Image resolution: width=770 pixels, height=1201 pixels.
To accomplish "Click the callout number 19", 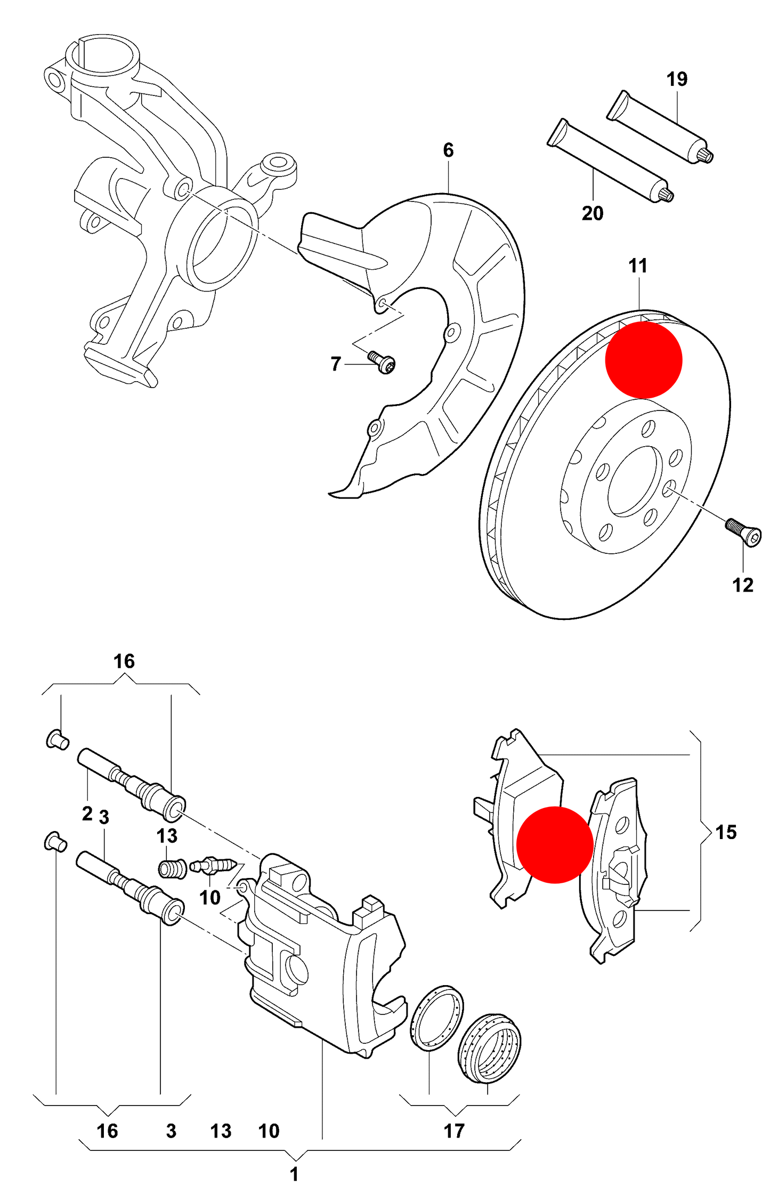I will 677,79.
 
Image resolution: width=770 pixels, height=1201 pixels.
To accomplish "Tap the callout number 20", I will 592,213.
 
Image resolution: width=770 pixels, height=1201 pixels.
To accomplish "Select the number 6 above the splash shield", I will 448,150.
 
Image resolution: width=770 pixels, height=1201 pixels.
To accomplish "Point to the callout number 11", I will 638,265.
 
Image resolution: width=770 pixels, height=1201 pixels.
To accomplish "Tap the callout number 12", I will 742,585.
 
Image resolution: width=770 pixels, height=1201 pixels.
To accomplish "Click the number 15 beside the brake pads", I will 725,832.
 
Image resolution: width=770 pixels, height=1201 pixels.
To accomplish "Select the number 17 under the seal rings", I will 454,1131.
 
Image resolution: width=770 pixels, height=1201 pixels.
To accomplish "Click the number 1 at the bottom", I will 294,1174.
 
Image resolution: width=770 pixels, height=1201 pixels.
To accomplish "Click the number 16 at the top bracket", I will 124,662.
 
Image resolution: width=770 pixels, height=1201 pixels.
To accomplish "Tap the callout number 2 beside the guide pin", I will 87,814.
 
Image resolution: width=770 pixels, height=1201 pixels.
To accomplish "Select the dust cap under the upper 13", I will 173,869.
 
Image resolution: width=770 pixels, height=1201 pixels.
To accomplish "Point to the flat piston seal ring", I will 436,1018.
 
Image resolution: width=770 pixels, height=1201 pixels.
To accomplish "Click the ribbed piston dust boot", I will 490,1049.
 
